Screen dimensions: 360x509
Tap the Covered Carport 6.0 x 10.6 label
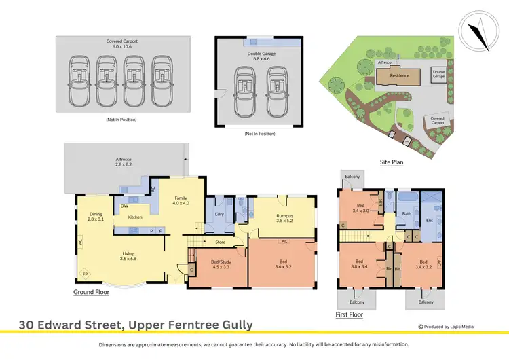122,44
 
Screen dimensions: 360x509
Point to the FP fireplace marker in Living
85,274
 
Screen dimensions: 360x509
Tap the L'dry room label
219,215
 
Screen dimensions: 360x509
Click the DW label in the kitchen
125,206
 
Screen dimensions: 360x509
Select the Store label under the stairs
220,241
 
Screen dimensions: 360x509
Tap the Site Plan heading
392,162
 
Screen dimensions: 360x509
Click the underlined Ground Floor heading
91,292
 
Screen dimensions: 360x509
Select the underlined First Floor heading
350,315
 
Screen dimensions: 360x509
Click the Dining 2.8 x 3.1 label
95,217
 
